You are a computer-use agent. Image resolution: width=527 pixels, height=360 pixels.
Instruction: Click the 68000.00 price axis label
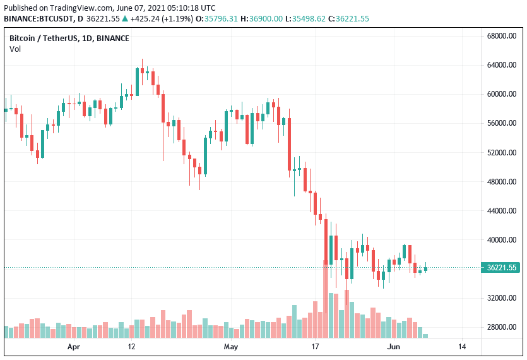(x=503, y=36)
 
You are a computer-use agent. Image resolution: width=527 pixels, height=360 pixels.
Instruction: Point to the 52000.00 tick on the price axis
(x=503, y=153)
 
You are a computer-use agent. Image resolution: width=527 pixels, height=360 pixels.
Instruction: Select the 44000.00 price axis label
(x=503, y=211)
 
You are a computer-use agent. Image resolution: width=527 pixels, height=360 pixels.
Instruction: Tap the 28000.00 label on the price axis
(x=503, y=327)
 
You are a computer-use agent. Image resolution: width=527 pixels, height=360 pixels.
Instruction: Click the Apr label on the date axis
(x=74, y=347)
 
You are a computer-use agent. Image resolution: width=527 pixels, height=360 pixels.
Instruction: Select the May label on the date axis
(x=230, y=347)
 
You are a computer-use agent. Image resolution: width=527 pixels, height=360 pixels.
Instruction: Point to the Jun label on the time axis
(x=393, y=347)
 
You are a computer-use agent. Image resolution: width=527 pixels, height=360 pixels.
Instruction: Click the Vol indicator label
(x=15, y=49)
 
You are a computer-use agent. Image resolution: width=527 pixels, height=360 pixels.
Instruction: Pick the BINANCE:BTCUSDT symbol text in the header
(x=37, y=19)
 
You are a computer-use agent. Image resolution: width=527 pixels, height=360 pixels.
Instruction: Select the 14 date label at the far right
(x=462, y=347)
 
